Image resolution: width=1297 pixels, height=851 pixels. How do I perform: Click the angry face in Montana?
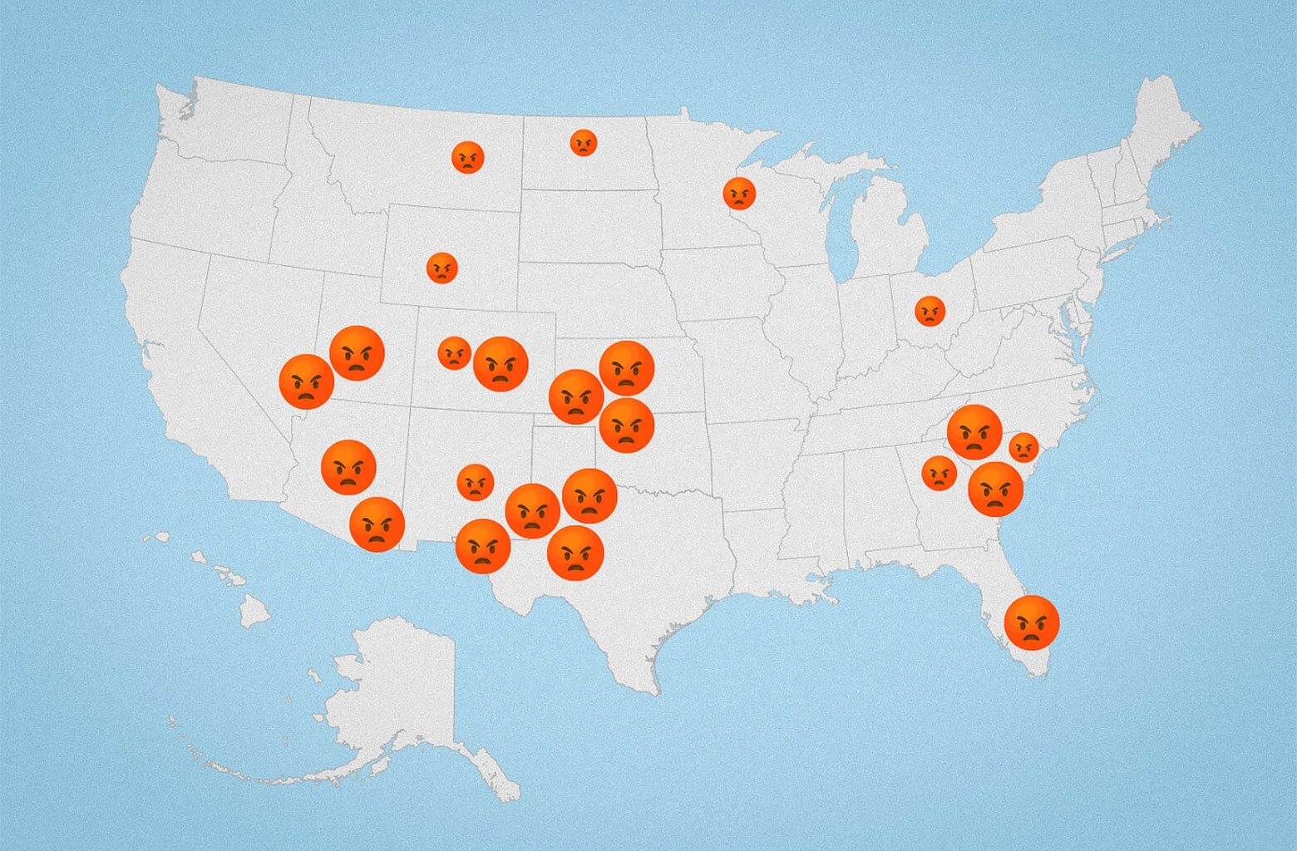[x=468, y=156]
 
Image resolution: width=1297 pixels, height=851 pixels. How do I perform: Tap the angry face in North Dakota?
[x=584, y=143]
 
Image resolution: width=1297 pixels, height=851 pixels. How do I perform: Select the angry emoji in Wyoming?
[x=441, y=268]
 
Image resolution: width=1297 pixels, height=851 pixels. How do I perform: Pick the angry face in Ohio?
[x=930, y=311]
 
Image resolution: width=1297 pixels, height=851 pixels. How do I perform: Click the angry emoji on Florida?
[x=1032, y=622]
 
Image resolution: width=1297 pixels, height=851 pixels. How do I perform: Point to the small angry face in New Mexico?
[x=476, y=482]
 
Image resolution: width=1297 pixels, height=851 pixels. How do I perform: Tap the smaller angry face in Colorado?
[x=454, y=353]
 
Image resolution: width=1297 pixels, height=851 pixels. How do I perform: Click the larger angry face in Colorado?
[x=501, y=363]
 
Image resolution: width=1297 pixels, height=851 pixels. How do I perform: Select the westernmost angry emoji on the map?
[x=307, y=381]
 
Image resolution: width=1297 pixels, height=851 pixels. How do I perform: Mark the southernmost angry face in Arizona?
[x=377, y=524]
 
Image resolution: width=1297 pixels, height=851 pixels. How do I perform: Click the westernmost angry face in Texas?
[x=483, y=546]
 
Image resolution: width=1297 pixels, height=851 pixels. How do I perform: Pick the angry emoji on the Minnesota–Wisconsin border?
[x=738, y=193]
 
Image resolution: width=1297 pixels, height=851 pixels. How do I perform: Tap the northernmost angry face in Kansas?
[x=626, y=368]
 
